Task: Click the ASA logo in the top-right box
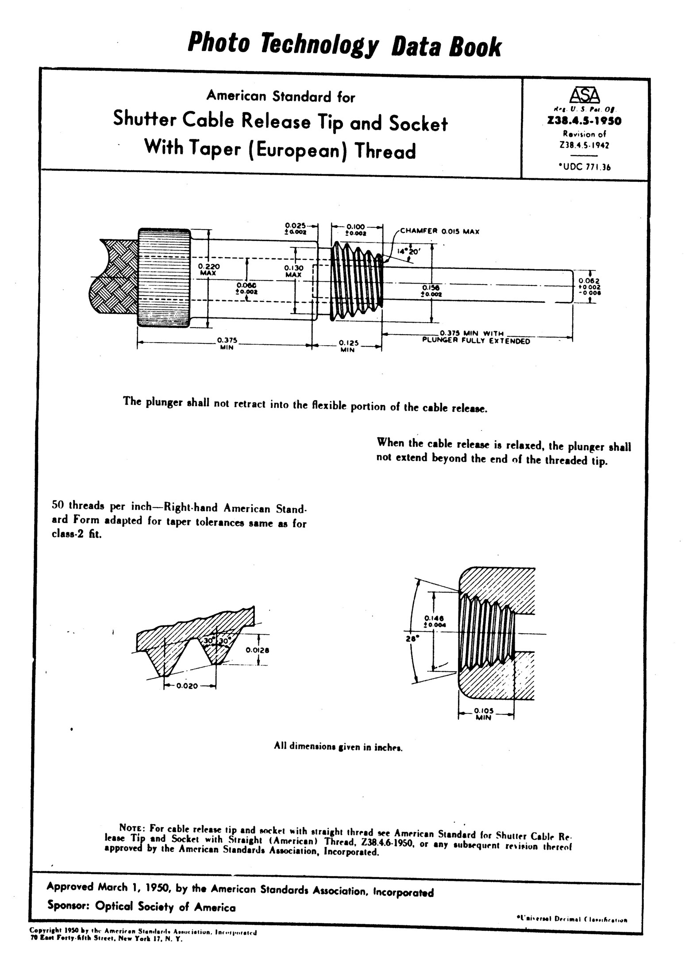click(584, 95)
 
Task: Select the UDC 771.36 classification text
click(585, 167)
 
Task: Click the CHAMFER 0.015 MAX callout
click(439, 231)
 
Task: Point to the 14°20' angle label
click(409, 250)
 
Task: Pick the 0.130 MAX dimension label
click(293, 271)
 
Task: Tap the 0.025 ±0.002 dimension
click(296, 228)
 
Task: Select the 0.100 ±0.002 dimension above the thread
click(355, 229)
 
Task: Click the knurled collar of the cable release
click(164, 277)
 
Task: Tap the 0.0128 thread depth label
click(258, 650)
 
